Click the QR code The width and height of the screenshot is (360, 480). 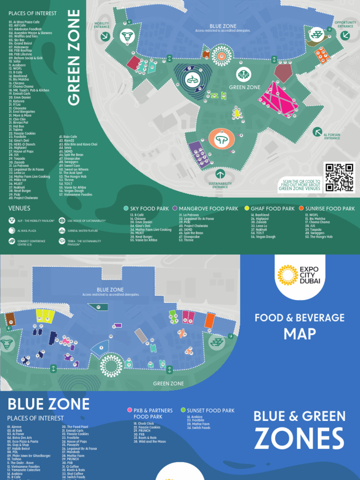tap(339, 177)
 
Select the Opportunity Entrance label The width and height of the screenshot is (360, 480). tap(345, 24)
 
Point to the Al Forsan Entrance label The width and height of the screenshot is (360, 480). tap(331, 137)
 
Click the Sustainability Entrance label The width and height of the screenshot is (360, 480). tap(220, 185)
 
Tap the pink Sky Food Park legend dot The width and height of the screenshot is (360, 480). tap(126, 208)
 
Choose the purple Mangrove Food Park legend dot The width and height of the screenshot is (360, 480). tap(174, 208)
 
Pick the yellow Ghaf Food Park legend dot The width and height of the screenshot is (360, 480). tap(247, 208)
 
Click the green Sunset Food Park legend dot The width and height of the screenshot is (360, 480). tap(183, 410)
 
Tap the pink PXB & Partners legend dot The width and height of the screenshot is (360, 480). tap(130, 410)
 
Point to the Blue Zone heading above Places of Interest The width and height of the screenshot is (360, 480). tap(48, 404)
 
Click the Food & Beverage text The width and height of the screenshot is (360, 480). tap(300, 318)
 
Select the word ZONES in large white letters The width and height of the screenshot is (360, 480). tap(299, 440)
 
